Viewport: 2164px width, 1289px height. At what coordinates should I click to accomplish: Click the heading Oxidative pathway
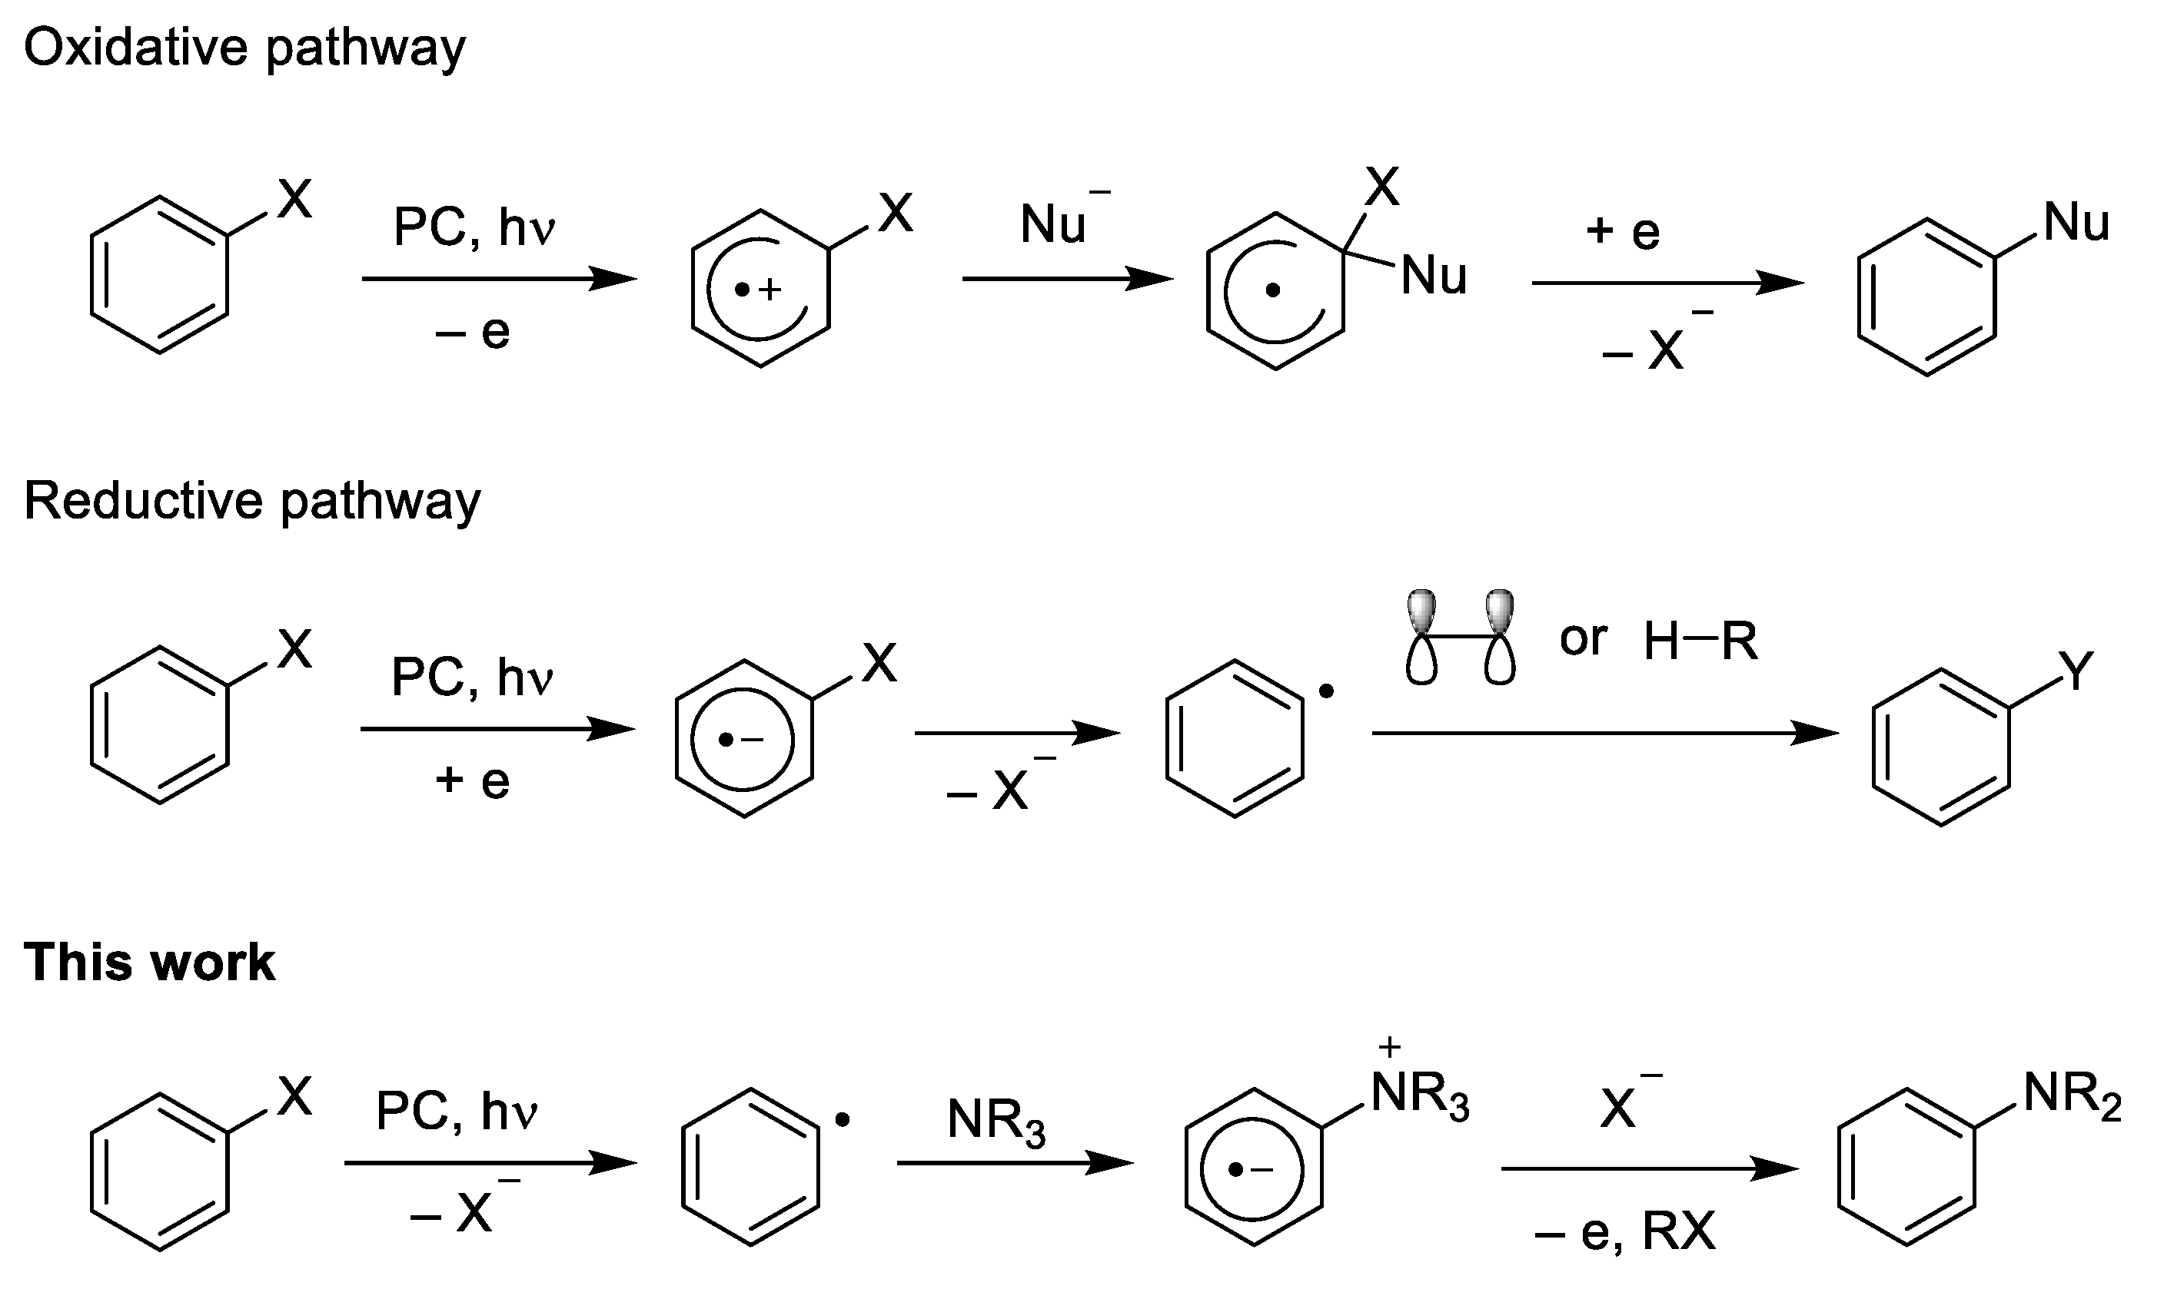point(244,48)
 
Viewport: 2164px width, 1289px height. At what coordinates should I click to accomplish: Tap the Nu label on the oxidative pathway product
point(2076,224)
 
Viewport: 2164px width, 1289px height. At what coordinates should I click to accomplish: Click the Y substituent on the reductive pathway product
point(2076,672)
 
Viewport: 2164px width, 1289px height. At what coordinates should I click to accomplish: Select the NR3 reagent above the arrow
point(996,1122)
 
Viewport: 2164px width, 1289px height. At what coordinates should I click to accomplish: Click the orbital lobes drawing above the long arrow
point(1460,638)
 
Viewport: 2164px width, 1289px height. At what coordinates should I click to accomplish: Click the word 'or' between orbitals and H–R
point(1584,639)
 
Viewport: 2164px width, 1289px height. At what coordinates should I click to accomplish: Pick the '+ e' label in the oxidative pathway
point(1623,232)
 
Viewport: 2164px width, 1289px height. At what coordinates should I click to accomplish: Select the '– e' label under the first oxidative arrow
point(473,333)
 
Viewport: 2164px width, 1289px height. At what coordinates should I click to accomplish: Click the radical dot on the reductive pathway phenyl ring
point(1326,692)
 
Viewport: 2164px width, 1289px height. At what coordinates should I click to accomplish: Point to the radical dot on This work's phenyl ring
point(841,1121)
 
